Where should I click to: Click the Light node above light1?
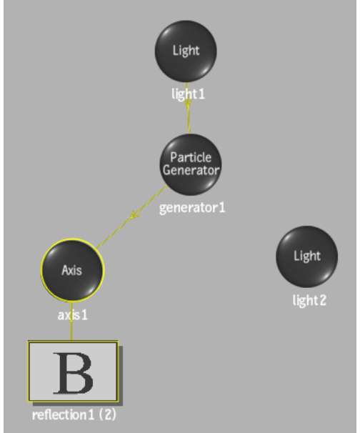pyautogui.click(x=186, y=51)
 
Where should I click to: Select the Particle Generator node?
pyautogui.click(x=191, y=164)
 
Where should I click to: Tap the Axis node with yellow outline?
pyautogui.click(x=73, y=270)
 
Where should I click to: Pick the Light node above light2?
pyautogui.click(x=306, y=257)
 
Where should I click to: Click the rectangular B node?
pyautogui.click(x=73, y=371)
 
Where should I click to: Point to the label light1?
pyautogui.click(x=189, y=94)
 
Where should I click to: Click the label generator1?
pyautogui.click(x=192, y=208)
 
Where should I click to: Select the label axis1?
pyautogui.click(x=73, y=315)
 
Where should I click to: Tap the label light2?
pyautogui.click(x=309, y=300)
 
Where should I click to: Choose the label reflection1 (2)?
pyautogui.click(x=74, y=415)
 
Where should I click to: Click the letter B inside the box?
pyautogui.click(x=73, y=373)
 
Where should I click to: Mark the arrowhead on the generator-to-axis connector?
pyautogui.click(x=134, y=214)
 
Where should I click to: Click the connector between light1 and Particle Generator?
pyautogui.click(x=188, y=109)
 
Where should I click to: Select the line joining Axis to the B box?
pyautogui.click(x=71, y=322)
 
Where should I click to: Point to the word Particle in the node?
pyautogui.click(x=191, y=157)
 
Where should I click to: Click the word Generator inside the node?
pyautogui.click(x=191, y=170)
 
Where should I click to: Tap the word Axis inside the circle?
pyautogui.click(x=71, y=270)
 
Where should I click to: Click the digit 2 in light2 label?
pyautogui.click(x=322, y=300)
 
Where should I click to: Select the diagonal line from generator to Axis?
pyautogui.click(x=131, y=216)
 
